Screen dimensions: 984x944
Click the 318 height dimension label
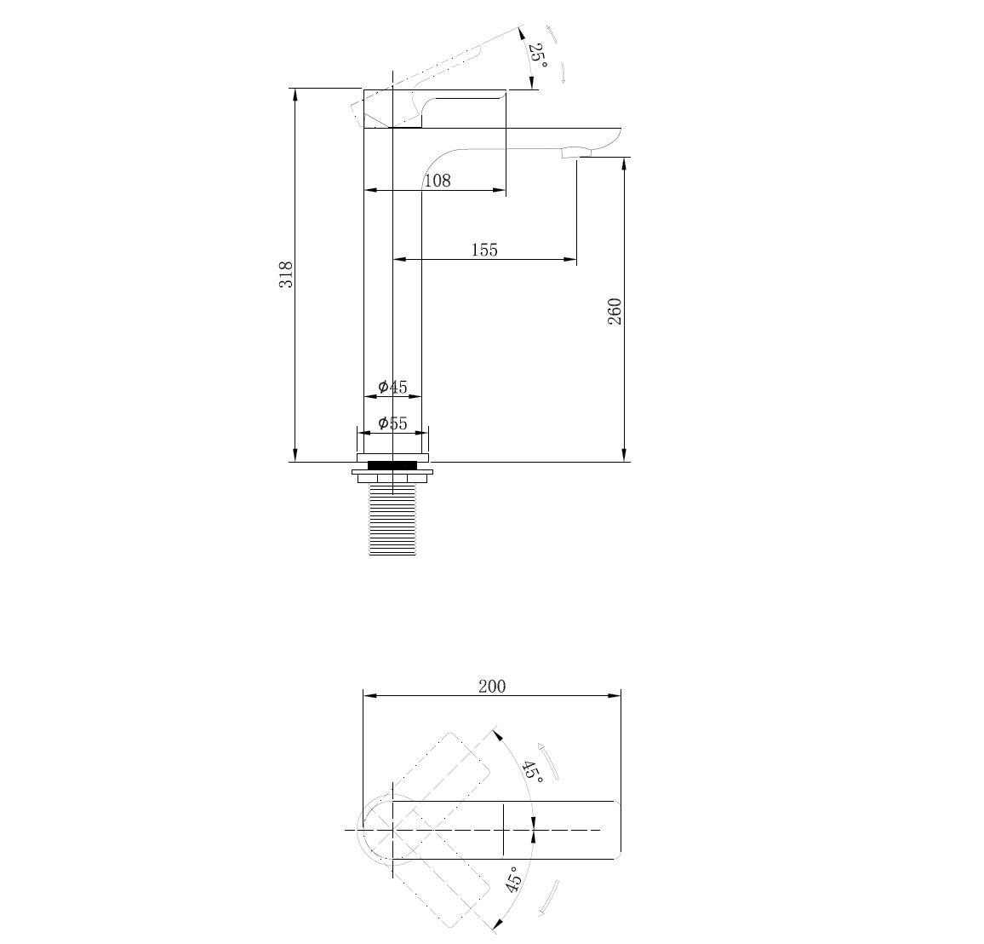point(285,274)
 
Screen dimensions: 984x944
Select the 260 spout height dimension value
point(615,312)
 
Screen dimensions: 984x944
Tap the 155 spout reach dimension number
point(484,250)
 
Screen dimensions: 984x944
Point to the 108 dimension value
point(438,181)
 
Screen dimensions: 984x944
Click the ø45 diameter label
point(393,387)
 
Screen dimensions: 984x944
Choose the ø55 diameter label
point(393,423)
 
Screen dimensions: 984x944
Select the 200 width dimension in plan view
point(492,687)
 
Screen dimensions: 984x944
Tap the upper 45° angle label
point(534,770)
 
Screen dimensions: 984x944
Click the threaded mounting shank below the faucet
point(392,520)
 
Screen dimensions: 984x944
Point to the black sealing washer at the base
point(392,465)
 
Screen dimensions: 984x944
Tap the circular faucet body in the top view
point(376,830)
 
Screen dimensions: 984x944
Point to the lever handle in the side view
point(433,108)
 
